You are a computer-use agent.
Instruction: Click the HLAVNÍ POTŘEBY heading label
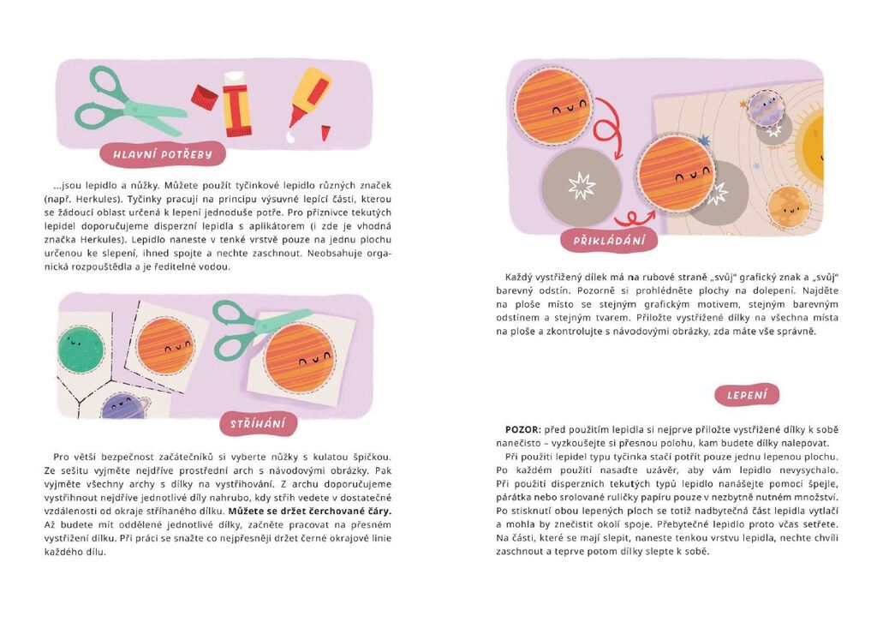click(163, 154)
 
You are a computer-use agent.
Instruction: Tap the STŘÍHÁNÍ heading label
click(258, 423)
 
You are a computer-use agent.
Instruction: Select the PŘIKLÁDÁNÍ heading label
click(609, 240)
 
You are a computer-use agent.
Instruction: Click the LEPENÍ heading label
click(747, 395)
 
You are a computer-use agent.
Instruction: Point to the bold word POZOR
click(523, 429)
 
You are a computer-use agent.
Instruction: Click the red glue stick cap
click(205, 98)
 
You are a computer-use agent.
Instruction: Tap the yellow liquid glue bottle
click(310, 96)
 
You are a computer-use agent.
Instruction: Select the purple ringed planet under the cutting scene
click(125, 406)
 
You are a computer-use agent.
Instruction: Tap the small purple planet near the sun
click(765, 107)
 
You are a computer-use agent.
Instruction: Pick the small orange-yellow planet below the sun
click(788, 207)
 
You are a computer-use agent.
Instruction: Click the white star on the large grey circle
click(582, 186)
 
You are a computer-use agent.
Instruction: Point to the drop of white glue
click(289, 136)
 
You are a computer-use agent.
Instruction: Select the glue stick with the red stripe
click(237, 105)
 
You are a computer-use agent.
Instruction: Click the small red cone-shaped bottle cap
click(325, 133)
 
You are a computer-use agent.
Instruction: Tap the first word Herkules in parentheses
click(94, 199)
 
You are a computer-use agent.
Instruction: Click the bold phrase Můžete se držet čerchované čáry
click(310, 511)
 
